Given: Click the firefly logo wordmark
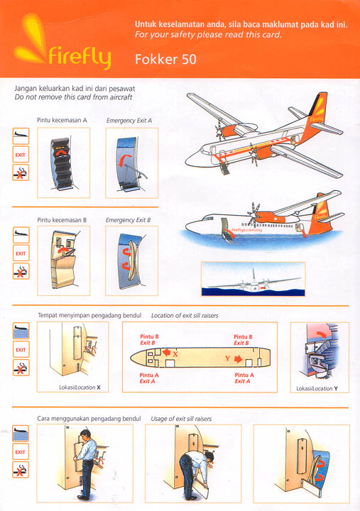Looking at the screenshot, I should (x=78, y=56).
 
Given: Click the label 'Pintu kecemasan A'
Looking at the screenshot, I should (x=62, y=121).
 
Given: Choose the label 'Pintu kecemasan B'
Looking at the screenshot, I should (x=62, y=220).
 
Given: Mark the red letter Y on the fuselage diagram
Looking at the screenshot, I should (x=228, y=359).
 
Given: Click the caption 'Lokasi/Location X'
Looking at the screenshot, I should (x=80, y=388).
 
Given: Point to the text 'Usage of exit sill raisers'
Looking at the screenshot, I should (x=181, y=419).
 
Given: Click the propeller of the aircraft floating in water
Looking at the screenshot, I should (x=252, y=211).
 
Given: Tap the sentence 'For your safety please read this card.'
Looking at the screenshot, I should (x=208, y=35).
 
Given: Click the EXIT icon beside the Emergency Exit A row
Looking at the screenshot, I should (x=21, y=153).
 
